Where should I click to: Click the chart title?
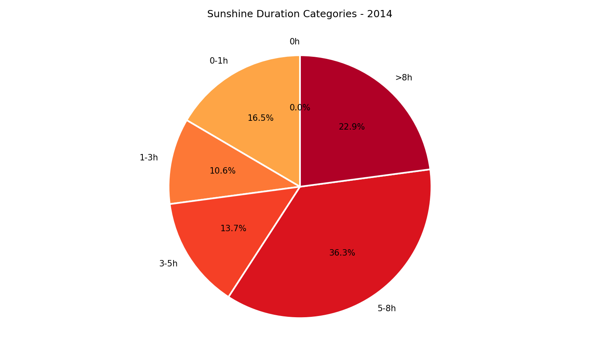[300, 14]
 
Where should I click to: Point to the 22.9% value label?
[352, 127]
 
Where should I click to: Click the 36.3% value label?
[342, 253]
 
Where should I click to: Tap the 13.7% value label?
[233, 228]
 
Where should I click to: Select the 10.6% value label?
[222, 171]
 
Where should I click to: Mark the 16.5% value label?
[260, 118]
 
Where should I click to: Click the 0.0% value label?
[300, 108]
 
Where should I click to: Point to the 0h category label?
[294, 42]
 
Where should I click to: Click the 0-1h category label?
[218, 61]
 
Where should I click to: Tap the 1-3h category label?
[148, 158]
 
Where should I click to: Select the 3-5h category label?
[168, 264]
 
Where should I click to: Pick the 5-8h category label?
[386, 308]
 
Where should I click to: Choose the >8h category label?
[403, 78]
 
